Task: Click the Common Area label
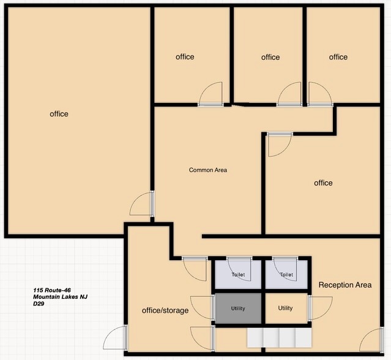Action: (x=208, y=170)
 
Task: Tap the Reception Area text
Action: (x=345, y=285)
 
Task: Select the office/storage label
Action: (x=165, y=310)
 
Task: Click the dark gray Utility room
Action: (x=238, y=309)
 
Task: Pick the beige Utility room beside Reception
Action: (x=286, y=309)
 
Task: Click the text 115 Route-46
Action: (x=52, y=290)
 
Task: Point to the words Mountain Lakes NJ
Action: (x=61, y=297)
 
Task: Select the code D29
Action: (x=39, y=304)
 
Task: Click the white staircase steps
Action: (x=280, y=338)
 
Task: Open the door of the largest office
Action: (x=142, y=203)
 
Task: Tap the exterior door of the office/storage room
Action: (x=115, y=337)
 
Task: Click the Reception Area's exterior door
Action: (x=371, y=340)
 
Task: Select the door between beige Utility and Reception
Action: (x=320, y=308)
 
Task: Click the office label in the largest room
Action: (x=59, y=114)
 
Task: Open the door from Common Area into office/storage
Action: (x=194, y=269)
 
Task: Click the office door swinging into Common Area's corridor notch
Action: (x=280, y=144)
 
